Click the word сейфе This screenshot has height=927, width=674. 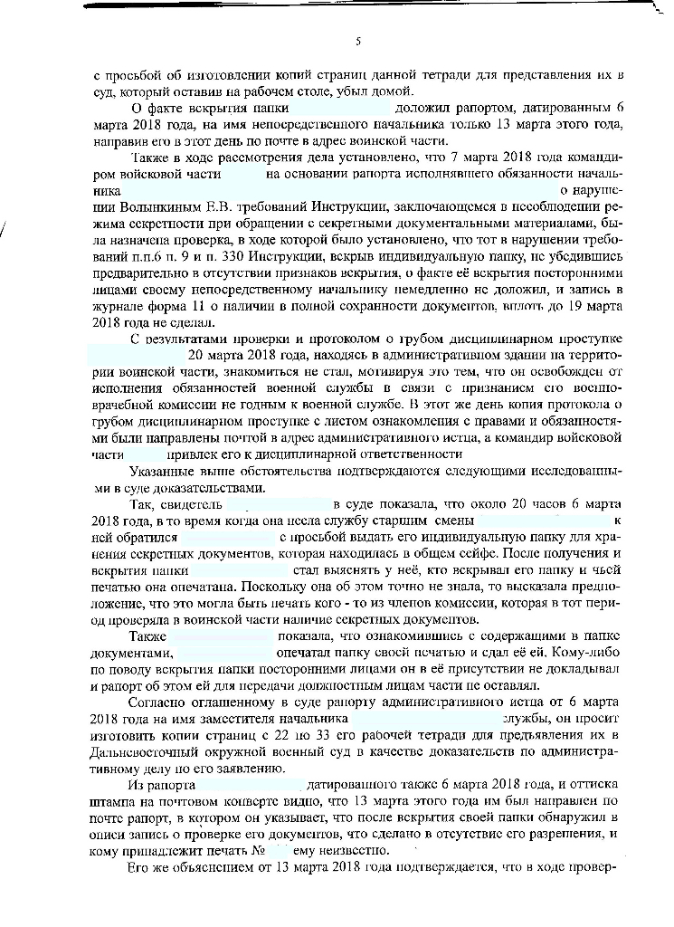446,552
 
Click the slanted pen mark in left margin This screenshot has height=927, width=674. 6,234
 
